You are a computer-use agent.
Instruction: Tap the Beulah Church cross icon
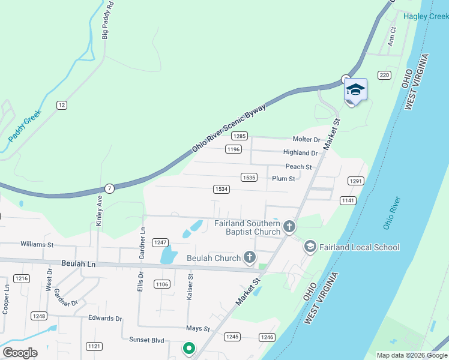[x=250, y=258]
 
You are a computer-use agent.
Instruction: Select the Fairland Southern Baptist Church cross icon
[x=289, y=227]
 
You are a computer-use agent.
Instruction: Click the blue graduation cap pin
[x=355, y=90]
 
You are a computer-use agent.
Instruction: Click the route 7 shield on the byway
[x=109, y=188]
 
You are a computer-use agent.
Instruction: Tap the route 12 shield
[x=61, y=105]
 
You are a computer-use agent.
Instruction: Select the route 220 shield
[x=384, y=75]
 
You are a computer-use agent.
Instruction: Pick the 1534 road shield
[x=221, y=189]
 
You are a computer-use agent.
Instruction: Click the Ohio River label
[x=391, y=213]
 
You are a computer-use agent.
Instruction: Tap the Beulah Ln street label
[x=79, y=263]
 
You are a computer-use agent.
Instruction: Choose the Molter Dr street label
[x=307, y=139]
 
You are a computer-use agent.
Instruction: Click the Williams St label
[x=37, y=244]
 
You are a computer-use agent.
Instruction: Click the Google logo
[x=20, y=353]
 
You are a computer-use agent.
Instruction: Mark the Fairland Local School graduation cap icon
[x=310, y=246]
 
